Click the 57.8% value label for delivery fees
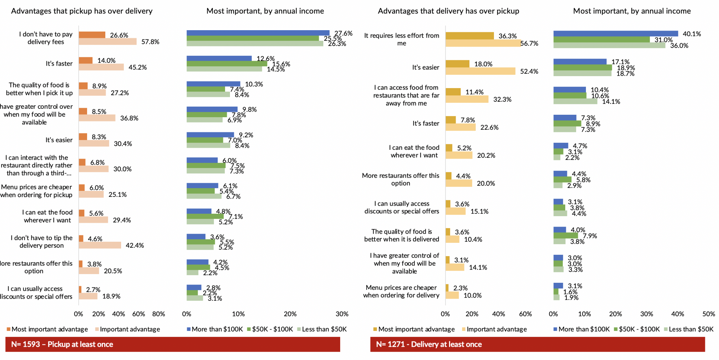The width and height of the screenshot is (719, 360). click(150, 42)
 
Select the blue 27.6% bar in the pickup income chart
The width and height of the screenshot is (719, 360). click(258, 33)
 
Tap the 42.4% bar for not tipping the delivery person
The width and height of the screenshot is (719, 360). click(100, 245)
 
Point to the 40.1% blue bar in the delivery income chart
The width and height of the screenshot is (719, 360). click(615, 34)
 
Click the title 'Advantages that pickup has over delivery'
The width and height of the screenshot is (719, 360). click(82, 11)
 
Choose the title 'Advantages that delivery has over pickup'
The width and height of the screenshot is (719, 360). click(448, 11)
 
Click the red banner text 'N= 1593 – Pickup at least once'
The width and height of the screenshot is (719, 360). click(62, 344)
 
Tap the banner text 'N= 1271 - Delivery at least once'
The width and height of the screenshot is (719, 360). click(429, 344)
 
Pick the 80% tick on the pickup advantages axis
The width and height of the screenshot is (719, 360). click(159, 314)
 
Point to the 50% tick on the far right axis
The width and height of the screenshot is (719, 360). click(708, 314)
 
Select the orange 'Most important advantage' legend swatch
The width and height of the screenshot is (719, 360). click(8, 329)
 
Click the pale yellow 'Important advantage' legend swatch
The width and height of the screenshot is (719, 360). click(463, 329)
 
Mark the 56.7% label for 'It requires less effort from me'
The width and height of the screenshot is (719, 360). click(529, 44)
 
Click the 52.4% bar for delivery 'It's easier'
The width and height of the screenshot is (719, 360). click(480, 71)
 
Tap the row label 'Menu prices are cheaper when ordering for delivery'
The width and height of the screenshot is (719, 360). click(401, 291)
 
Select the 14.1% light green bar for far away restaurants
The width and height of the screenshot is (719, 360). click(575, 101)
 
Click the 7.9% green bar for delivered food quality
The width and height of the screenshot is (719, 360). click(566, 235)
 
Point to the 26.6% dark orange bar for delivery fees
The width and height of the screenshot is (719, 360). click(92, 35)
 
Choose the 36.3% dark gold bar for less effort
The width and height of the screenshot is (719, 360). click(469, 36)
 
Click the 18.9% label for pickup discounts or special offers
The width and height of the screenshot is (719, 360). click(111, 296)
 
